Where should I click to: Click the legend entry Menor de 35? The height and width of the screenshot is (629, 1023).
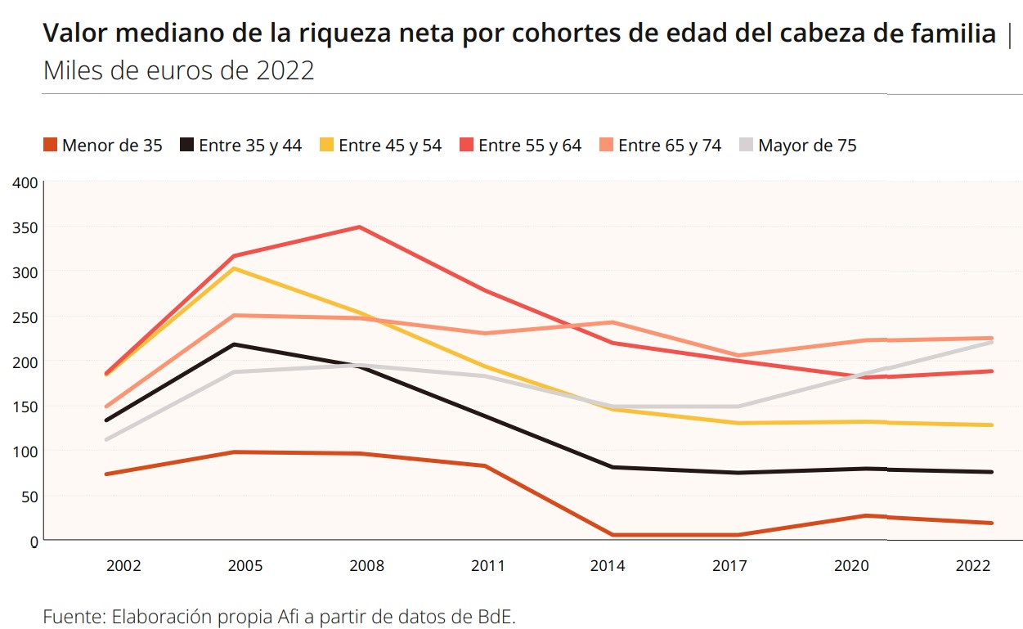pyautogui.click(x=103, y=146)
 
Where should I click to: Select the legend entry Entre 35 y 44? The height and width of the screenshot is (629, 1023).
pyautogui.click(x=241, y=146)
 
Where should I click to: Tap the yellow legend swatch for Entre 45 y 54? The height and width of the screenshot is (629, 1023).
pyautogui.click(x=328, y=146)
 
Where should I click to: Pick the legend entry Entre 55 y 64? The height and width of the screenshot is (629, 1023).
pyautogui.click(x=521, y=146)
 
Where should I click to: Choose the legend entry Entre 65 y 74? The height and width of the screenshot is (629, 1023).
pyautogui.click(x=661, y=146)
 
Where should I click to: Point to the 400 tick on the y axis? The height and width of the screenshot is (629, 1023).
pyautogui.click(x=25, y=182)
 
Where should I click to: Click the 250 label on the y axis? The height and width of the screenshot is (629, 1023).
pyautogui.click(x=25, y=317)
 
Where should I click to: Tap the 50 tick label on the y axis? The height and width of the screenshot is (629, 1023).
pyautogui.click(x=29, y=496)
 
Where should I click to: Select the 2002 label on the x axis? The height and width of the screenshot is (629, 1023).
pyautogui.click(x=123, y=566)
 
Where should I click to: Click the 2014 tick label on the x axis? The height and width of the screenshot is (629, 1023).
pyautogui.click(x=608, y=566)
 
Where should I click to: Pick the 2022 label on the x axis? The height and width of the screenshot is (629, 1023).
pyautogui.click(x=973, y=566)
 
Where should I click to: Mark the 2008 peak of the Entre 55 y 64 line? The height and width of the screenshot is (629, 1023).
pyautogui.click(x=359, y=227)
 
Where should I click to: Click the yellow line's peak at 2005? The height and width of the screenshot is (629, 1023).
pyautogui.click(x=236, y=268)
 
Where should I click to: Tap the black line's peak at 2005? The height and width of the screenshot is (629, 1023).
pyautogui.click(x=236, y=344)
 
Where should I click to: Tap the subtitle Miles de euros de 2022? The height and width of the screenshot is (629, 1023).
pyautogui.click(x=178, y=70)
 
